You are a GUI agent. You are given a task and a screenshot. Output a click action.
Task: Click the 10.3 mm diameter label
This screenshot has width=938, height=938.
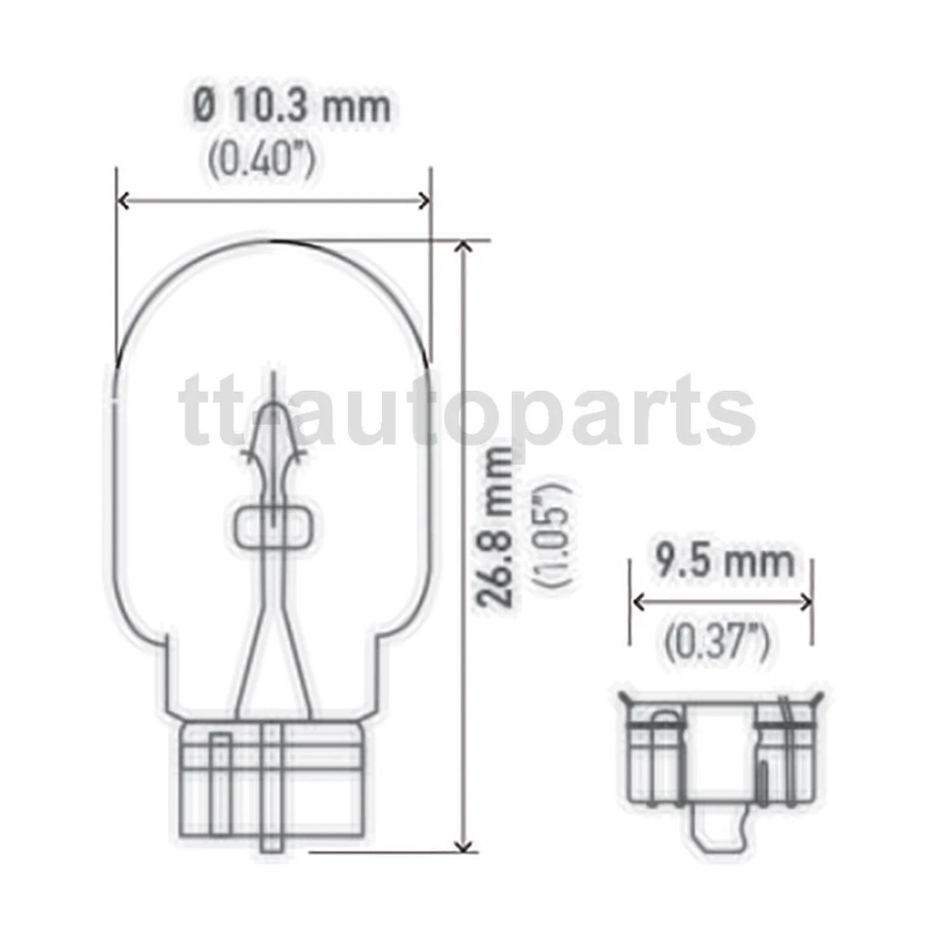291,106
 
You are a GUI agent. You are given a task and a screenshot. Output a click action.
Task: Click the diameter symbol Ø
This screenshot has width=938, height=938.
204,106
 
